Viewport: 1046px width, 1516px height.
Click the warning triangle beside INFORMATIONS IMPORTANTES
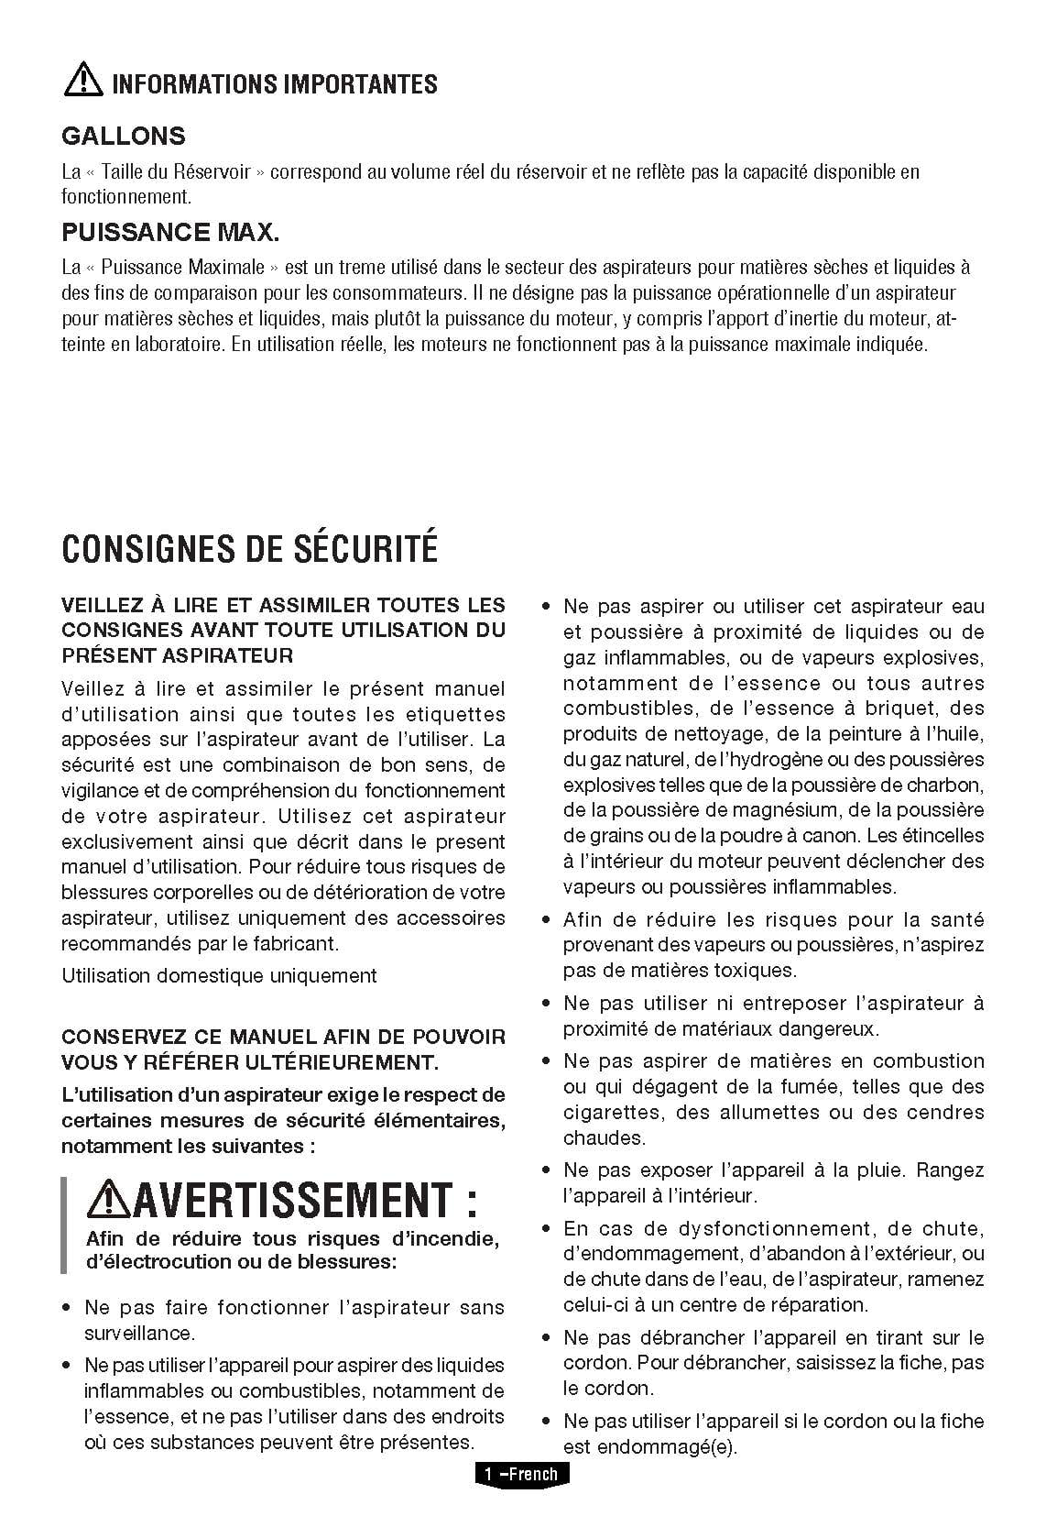(82, 81)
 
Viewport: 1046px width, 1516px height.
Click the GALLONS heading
(123, 137)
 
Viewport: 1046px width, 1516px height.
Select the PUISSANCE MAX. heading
(169, 232)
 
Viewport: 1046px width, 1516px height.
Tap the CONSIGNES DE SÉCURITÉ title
(249, 548)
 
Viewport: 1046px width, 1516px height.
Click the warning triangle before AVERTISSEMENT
(104, 1198)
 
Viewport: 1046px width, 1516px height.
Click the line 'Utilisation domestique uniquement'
(219, 975)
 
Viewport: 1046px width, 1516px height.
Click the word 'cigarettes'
(611, 1113)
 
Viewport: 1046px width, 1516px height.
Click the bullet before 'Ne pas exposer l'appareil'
(546, 1170)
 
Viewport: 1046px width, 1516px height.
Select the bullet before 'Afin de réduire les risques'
(546, 920)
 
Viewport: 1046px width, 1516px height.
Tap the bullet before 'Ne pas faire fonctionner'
(67, 1308)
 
